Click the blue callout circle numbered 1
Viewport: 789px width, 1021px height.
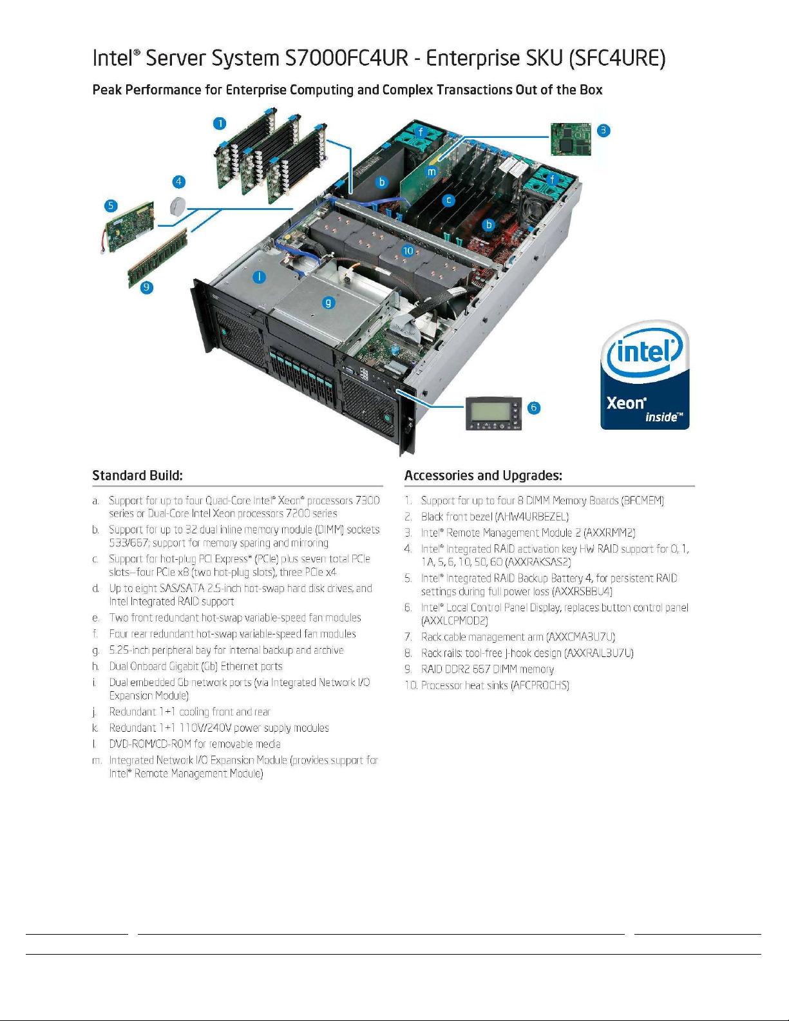[x=220, y=124]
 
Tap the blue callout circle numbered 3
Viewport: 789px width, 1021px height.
[x=604, y=130]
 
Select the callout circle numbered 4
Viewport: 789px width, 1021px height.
[x=178, y=182]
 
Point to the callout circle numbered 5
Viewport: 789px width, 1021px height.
[x=111, y=205]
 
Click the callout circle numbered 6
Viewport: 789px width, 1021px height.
[x=533, y=407]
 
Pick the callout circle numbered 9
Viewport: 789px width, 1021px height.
[x=147, y=287]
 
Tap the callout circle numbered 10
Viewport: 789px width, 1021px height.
[x=408, y=251]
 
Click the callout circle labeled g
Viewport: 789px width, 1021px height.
[x=328, y=303]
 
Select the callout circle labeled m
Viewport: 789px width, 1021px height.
[x=432, y=172]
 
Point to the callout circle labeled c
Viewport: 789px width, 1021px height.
[x=449, y=200]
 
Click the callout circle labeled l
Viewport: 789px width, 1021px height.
[x=259, y=277]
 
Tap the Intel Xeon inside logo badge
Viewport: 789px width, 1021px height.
[x=645, y=374]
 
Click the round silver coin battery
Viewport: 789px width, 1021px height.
[x=178, y=205]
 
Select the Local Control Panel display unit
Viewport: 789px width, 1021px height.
[x=493, y=414]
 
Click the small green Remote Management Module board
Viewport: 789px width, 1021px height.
[x=571, y=139]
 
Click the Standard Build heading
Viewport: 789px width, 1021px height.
[x=137, y=475]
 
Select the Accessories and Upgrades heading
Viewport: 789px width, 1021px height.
[x=483, y=475]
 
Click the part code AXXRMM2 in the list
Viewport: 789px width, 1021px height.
[x=609, y=532]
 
